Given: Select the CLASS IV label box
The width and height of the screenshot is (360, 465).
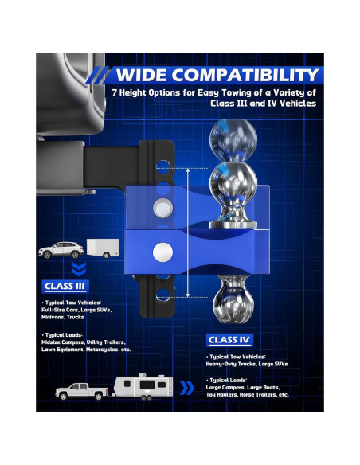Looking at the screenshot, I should [x=229, y=340].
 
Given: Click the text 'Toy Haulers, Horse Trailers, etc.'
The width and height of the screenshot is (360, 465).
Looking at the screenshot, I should [x=247, y=395].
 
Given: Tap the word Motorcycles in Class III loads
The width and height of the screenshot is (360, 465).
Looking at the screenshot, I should [x=104, y=350].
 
